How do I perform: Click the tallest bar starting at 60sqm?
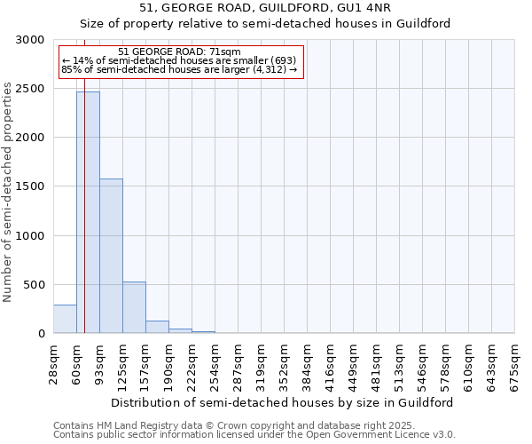(88, 212)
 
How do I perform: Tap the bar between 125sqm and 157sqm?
(134, 307)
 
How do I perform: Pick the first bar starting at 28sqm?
(65, 319)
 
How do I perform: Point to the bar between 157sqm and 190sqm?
(157, 327)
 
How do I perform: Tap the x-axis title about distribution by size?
(284, 402)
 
